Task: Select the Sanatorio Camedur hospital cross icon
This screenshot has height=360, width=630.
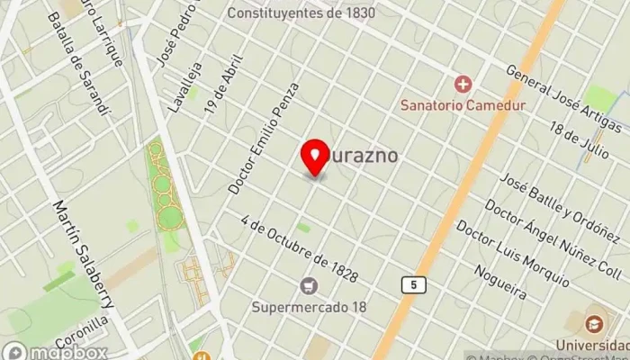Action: coord(463,85)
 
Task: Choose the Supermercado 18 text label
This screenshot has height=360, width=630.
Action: coord(310,307)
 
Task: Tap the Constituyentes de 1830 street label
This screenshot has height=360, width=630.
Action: coord(301,13)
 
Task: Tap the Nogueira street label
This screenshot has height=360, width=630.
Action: coord(498,281)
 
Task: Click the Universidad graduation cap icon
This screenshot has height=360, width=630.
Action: coord(594,323)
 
